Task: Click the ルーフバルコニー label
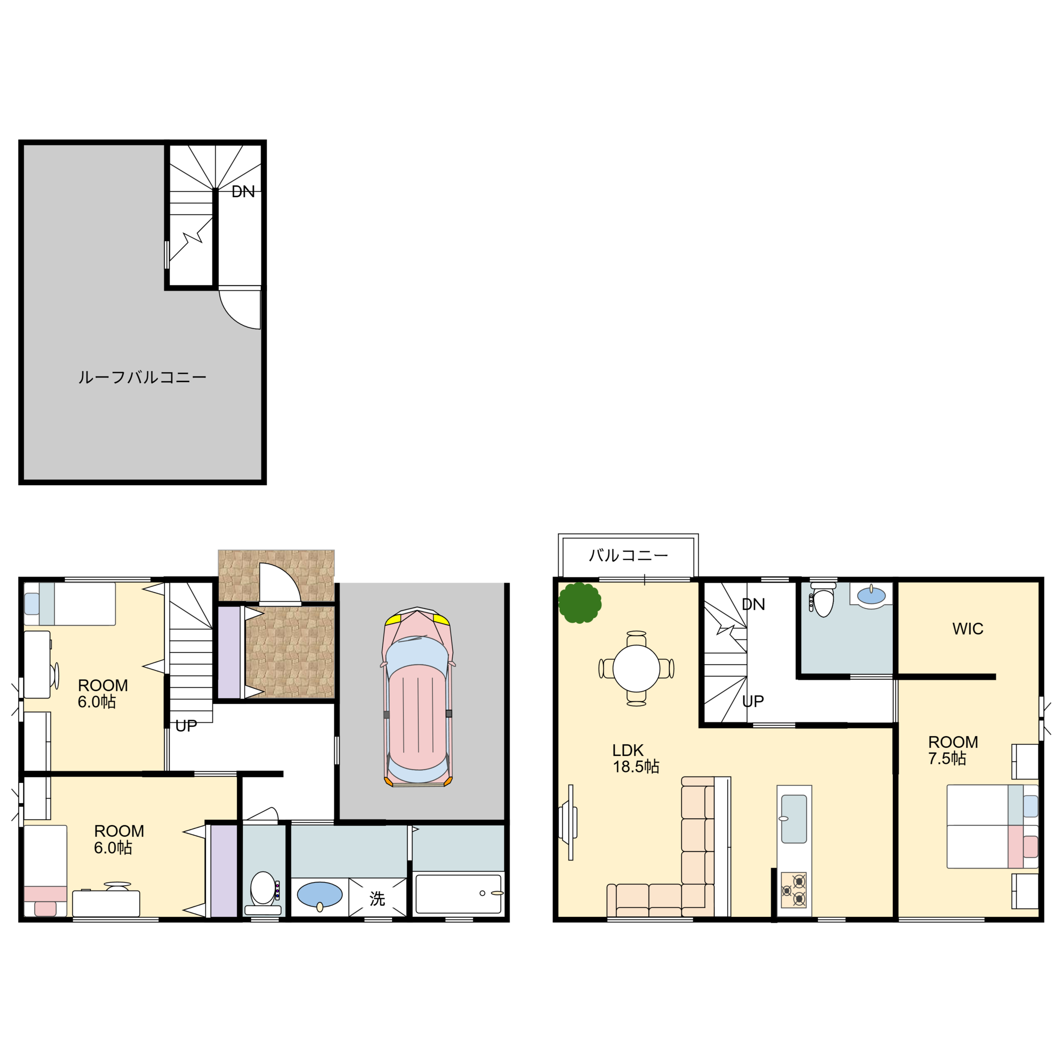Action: (x=142, y=377)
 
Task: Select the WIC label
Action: (x=967, y=629)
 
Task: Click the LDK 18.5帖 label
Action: (x=635, y=758)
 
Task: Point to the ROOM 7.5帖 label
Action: (x=953, y=750)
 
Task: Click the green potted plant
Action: (x=579, y=603)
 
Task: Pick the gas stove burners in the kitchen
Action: (x=793, y=890)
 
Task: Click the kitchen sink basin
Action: (x=794, y=819)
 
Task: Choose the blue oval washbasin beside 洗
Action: (x=320, y=895)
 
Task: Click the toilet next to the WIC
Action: (x=823, y=601)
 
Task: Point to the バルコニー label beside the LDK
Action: (x=628, y=556)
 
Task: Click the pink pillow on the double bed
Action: (x=1030, y=847)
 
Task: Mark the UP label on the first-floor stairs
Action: (x=186, y=726)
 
